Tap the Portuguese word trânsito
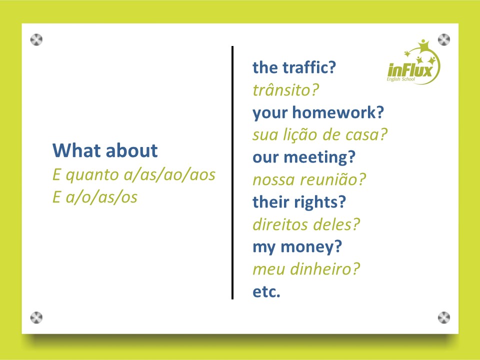(285, 90)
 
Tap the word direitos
(276, 224)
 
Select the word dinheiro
(325, 269)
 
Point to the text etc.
(266, 291)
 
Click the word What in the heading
(77, 150)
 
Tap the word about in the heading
(132, 150)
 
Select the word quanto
(92, 175)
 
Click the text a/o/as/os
(101, 197)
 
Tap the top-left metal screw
(36, 39)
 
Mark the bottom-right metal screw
(444, 317)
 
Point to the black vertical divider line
(232, 172)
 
